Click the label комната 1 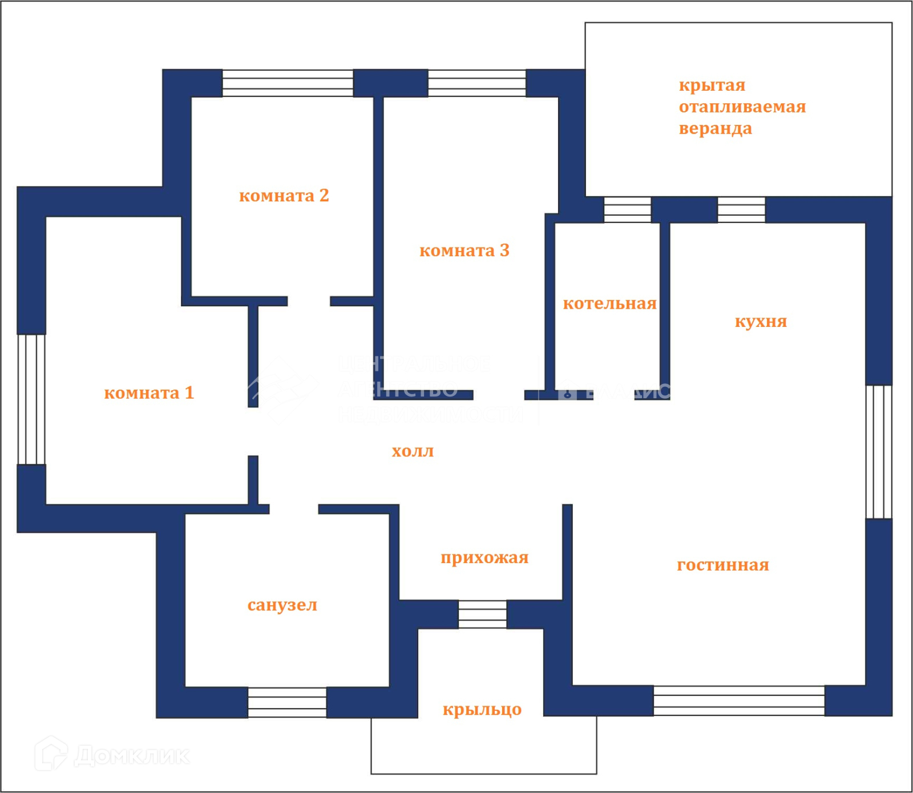click(x=149, y=393)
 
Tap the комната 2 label click(x=284, y=196)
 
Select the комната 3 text click(x=464, y=250)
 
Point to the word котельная click(x=609, y=304)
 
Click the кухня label click(x=761, y=321)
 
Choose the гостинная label click(x=722, y=565)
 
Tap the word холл click(x=413, y=451)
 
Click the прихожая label click(x=484, y=557)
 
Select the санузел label click(x=282, y=605)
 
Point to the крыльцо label click(x=482, y=709)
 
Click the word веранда click(x=715, y=129)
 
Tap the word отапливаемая click(x=742, y=107)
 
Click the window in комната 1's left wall click(x=31, y=399)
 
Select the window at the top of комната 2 click(x=288, y=83)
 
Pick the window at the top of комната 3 click(x=476, y=83)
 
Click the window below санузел click(x=287, y=702)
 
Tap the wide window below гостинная click(x=739, y=701)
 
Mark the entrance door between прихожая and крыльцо click(x=482, y=614)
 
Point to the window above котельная click(x=627, y=209)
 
